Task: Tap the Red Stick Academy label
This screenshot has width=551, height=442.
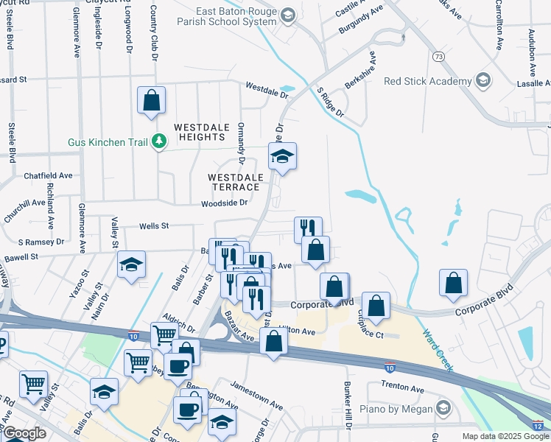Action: (427, 81)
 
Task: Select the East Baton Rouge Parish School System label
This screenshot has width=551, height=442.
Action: (235, 17)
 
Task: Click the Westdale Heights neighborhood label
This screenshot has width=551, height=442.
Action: (199, 132)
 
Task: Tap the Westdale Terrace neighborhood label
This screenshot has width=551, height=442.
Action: (234, 182)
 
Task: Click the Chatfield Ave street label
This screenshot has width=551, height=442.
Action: (48, 175)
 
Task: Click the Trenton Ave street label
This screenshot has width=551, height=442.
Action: (403, 387)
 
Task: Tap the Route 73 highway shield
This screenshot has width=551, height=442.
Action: (439, 56)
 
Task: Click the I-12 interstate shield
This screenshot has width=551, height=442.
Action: (538, 426)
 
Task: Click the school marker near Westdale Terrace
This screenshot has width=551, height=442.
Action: (282, 155)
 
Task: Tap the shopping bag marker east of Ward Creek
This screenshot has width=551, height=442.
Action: (453, 282)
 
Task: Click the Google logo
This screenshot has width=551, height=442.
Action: (24, 433)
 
